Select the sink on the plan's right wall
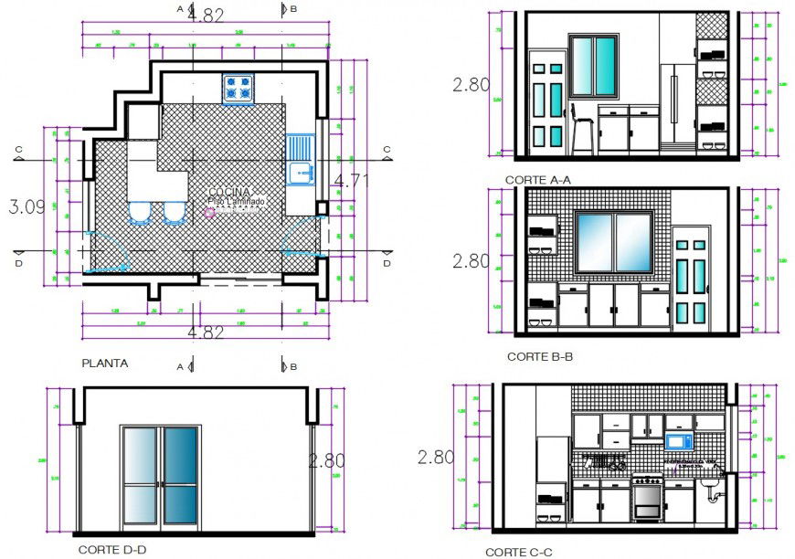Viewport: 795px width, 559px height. pyautogui.click(x=300, y=161)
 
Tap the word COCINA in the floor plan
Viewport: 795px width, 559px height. pyautogui.click(x=229, y=192)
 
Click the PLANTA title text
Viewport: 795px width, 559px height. pyautogui.click(x=105, y=363)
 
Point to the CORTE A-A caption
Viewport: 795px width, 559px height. pyautogui.click(x=537, y=180)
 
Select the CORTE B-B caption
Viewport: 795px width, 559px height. pyautogui.click(x=540, y=356)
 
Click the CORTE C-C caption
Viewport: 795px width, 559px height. pyautogui.click(x=518, y=552)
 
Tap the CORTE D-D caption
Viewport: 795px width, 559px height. pyautogui.click(x=111, y=550)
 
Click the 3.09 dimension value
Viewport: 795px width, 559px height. pyautogui.click(x=26, y=207)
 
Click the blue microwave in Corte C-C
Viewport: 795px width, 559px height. pyautogui.click(x=678, y=442)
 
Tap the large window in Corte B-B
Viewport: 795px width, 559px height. pyautogui.click(x=614, y=242)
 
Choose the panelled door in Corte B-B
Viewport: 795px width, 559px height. pyautogui.click(x=691, y=281)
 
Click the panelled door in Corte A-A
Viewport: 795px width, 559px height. pyautogui.click(x=550, y=105)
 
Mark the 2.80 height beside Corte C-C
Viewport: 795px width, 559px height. pyautogui.click(x=435, y=458)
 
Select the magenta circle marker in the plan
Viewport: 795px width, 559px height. pyautogui.click(x=209, y=213)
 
